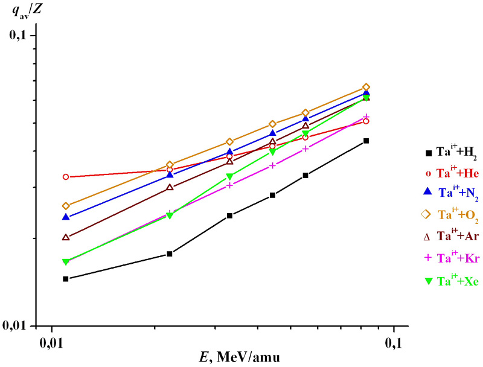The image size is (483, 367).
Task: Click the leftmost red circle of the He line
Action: coord(66,177)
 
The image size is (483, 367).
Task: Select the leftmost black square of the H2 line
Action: coord(66,279)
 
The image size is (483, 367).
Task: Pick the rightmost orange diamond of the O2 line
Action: coord(366,88)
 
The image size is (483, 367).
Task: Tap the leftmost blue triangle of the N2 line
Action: coord(66,217)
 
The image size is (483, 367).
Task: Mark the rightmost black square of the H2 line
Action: coord(366,141)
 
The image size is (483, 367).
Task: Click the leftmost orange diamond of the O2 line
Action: coord(66,206)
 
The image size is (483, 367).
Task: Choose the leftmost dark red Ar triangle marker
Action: coord(66,237)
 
